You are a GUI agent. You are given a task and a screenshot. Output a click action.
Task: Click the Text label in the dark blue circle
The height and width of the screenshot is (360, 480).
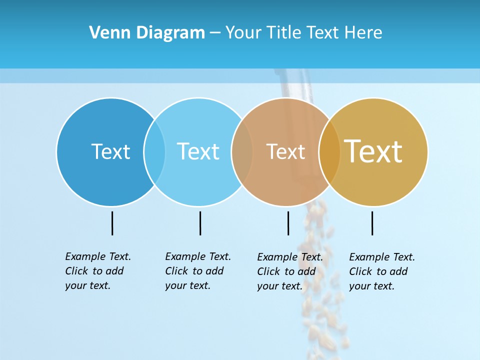point(110,151)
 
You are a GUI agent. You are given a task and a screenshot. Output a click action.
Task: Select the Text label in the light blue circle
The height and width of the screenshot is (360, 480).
point(198,151)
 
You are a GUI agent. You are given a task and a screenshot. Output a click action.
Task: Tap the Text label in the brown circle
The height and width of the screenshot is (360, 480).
point(285,151)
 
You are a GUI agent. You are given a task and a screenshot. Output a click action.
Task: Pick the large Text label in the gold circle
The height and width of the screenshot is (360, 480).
point(373,151)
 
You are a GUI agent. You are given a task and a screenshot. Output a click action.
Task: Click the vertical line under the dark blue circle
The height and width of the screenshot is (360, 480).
point(112,223)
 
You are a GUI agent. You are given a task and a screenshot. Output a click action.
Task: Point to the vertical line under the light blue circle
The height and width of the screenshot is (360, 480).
point(200,223)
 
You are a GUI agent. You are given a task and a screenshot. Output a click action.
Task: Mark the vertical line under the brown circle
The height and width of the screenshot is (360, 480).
point(288,223)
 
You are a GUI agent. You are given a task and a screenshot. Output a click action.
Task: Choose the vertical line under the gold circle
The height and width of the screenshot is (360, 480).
point(372,223)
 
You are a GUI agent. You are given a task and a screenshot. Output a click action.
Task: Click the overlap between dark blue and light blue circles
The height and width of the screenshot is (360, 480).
point(154,151)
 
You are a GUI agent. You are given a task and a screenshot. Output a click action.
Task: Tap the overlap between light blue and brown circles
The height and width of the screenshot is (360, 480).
point(242,151)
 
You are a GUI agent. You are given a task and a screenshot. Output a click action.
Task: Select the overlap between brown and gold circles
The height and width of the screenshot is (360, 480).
point(329,151)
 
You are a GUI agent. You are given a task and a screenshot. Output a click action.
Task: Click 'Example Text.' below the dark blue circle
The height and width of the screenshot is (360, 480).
point(98,256)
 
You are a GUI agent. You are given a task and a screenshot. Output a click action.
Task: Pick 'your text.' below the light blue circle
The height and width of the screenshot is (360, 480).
point(187,285)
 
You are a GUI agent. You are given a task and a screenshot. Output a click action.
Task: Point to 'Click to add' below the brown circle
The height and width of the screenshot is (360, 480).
point(286,271)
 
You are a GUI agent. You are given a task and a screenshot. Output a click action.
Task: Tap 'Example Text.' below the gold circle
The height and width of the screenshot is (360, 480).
point(382,257)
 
